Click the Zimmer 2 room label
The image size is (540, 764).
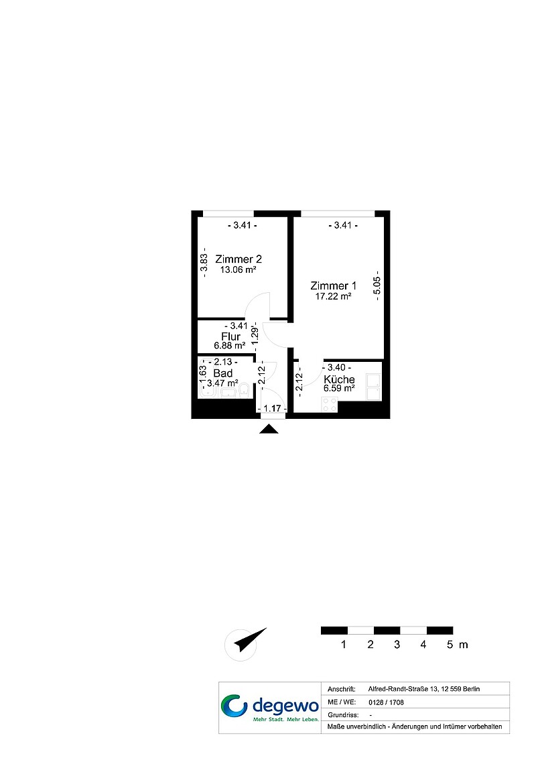(x=238, y=259)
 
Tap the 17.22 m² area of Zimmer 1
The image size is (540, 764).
(x=333, y=296)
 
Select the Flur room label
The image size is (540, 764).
(x=230, y=336)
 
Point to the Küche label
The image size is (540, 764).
(x=340, y=379)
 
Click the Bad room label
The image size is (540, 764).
(x=223, y=373)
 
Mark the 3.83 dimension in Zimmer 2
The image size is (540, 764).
(x=204, y=263)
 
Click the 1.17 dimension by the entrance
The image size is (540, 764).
(x=272, y=408)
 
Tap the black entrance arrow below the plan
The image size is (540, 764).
(x=269, y=429)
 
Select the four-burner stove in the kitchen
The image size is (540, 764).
(x=329, y=404)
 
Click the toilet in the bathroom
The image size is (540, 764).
(x=244, y=390)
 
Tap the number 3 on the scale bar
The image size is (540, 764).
(x=397, y=644)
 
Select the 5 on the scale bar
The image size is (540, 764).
(x=450, y=644)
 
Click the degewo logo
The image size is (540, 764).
(x=270, y=708)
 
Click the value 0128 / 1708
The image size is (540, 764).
(x=386, y=702)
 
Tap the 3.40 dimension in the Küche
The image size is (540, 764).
(x=336, y=367)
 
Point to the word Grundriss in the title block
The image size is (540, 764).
(x=343, y=715)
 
